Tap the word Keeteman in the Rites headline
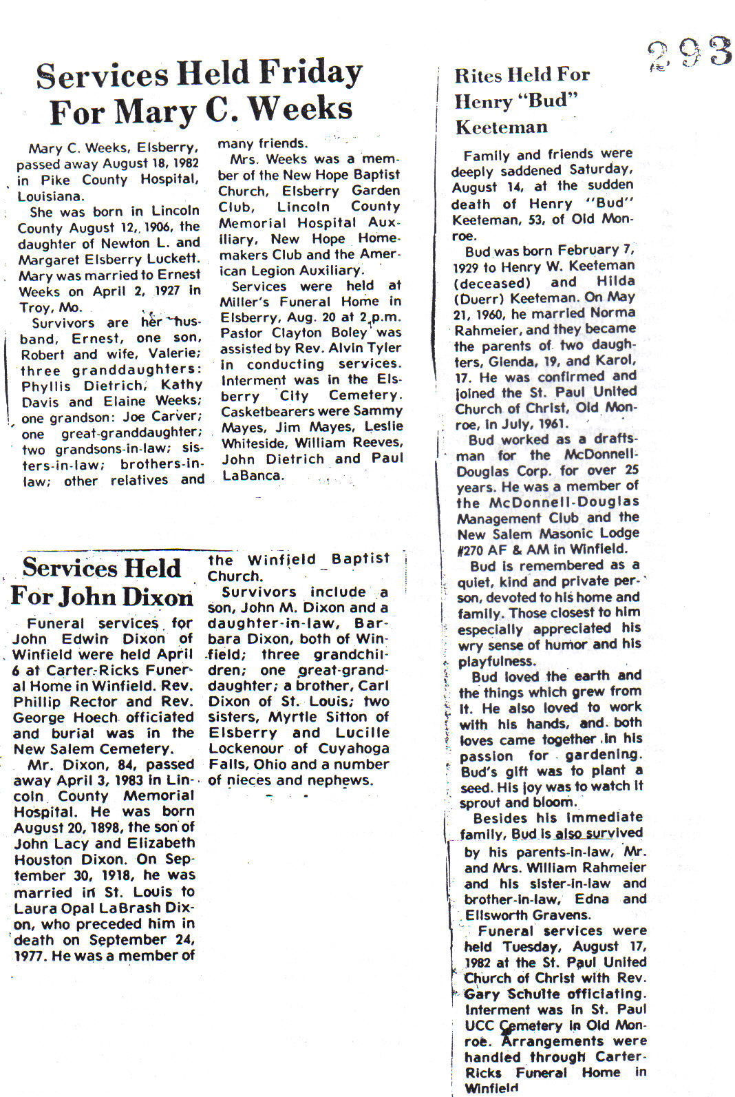click(501, 127)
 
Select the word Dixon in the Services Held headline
click(160, 596)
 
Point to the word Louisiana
click(50, 196)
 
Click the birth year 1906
click(156, 227)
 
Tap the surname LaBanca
click(251, 475)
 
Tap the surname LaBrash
click(135, 908)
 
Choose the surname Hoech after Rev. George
click(93, 718)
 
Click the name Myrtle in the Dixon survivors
click(292, 717)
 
